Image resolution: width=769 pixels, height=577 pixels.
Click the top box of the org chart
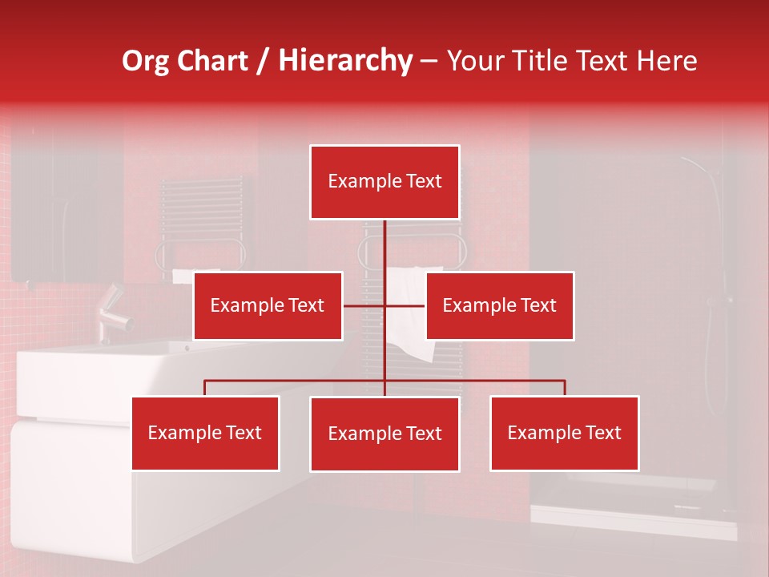pos(384,182)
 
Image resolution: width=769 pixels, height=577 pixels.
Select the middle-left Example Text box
pos(268,305)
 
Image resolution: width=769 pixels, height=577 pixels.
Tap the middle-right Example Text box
pos(499,305)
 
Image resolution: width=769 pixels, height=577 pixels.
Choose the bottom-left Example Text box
pos(205,433)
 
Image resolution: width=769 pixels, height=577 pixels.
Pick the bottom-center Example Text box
pos(384,434)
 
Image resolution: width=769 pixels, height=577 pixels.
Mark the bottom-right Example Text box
pos(564,433)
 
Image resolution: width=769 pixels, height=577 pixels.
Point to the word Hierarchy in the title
pos(345,61)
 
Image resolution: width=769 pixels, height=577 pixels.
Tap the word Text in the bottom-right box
pos(602,433)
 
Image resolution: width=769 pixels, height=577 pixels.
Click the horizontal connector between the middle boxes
pos(384,306)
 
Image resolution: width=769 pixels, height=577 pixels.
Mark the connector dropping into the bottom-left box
pos(205,388)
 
